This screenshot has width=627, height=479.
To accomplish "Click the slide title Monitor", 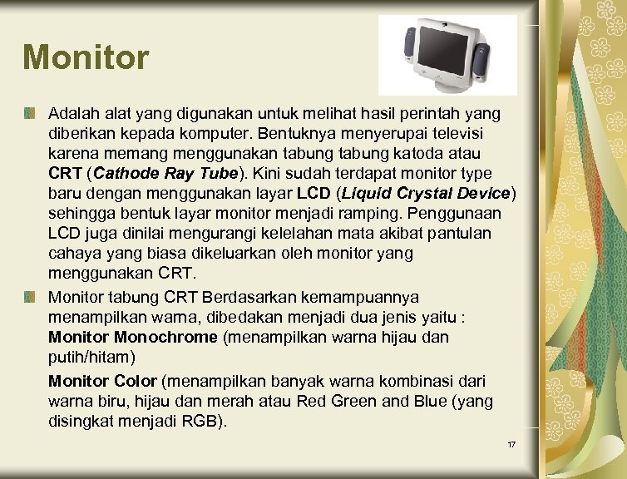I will click(x=86, y=57).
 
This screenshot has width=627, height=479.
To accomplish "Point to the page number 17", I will click(x=512, y=445).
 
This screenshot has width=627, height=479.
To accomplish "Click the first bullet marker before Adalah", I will click(x=30, y=111).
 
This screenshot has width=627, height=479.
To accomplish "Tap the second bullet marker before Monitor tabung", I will click(x=30, y=297).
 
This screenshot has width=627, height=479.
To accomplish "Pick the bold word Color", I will click(x=136, y=381).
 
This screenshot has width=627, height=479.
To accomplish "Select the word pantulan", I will click(x=462, y=235).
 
